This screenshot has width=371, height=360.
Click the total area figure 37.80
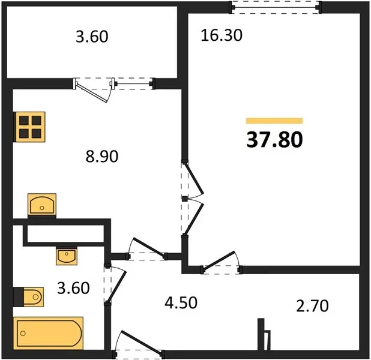click(x=274, y=140)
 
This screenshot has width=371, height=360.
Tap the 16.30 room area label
click(x=222, y=35)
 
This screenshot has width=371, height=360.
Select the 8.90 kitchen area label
click(x=101, y=157)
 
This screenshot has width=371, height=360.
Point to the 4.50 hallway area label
click(x=181, y=303)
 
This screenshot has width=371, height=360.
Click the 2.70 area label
click(x=312, y=305)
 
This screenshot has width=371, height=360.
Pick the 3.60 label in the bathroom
click(x=73, y=288)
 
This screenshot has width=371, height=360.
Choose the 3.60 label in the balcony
click(x=92, y=37)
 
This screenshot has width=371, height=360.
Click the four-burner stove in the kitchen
click(x=29, y=127)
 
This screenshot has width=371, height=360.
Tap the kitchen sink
click(x=42, y=204)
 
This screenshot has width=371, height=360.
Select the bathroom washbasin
click(x=67, y=256)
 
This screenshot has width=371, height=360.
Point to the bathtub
click(x=48, y=333)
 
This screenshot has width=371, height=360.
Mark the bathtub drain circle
click(x=23, y=333)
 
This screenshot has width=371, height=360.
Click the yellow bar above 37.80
click(x=274, y=121)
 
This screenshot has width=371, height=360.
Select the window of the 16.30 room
click(x=276, y=7)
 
